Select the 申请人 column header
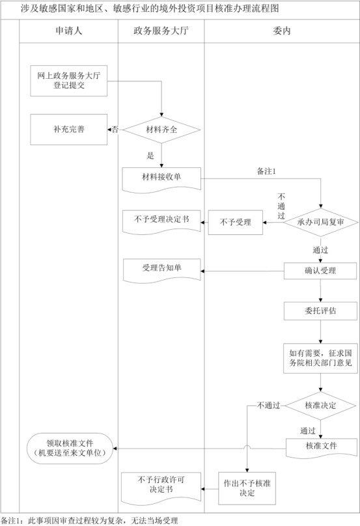pos(68,31)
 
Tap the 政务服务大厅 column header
pos(161,31)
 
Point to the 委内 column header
pos(282,31)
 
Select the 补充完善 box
pos(69,130)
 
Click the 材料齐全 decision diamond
pos(161,130)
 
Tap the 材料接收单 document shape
pos(161,178)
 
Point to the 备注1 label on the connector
pos(267,171)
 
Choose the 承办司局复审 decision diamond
pos(320,223)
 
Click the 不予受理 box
pos(235,223)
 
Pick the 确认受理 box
pos(320,270)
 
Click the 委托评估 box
pos(320,311)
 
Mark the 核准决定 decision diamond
pos(320,405)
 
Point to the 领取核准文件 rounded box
pos(69,447)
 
